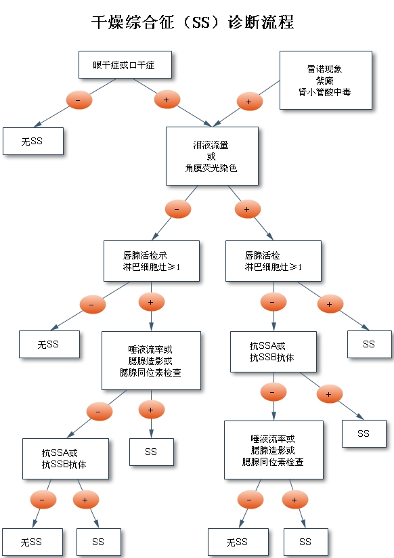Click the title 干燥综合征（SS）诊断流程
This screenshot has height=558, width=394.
tap(192, 22)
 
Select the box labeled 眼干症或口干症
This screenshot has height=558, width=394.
tap(125, 65)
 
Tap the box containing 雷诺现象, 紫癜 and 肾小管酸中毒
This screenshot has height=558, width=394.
tap(326, 80)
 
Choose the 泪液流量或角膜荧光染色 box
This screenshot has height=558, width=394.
tap(212, 156)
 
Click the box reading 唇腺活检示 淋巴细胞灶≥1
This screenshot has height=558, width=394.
tap(152, 261)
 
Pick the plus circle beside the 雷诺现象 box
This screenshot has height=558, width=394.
tap(250, 102)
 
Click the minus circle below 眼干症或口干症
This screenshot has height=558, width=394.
tap(79, 100)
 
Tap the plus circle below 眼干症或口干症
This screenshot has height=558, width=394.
tap(167, 100)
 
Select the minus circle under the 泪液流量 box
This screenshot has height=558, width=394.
tap(178, 209)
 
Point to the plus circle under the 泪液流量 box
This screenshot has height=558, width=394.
tap(248, 209)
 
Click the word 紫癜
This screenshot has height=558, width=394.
tap(324, 81)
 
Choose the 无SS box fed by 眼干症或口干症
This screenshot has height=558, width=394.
tap(33, 142)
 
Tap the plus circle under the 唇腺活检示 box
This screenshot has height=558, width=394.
tap(152, 302)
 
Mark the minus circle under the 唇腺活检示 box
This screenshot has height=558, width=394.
tap(93, 305)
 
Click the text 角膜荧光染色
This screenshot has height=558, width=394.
tap(211, 168)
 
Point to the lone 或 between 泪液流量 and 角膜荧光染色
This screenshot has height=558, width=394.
tap(211, 156)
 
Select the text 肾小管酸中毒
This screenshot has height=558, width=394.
tap(324, 92)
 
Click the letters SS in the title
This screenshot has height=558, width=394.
tap(201, 22)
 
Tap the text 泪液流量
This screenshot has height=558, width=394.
tap(211, 145)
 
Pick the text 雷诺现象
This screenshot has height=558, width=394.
tap(324, 69)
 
